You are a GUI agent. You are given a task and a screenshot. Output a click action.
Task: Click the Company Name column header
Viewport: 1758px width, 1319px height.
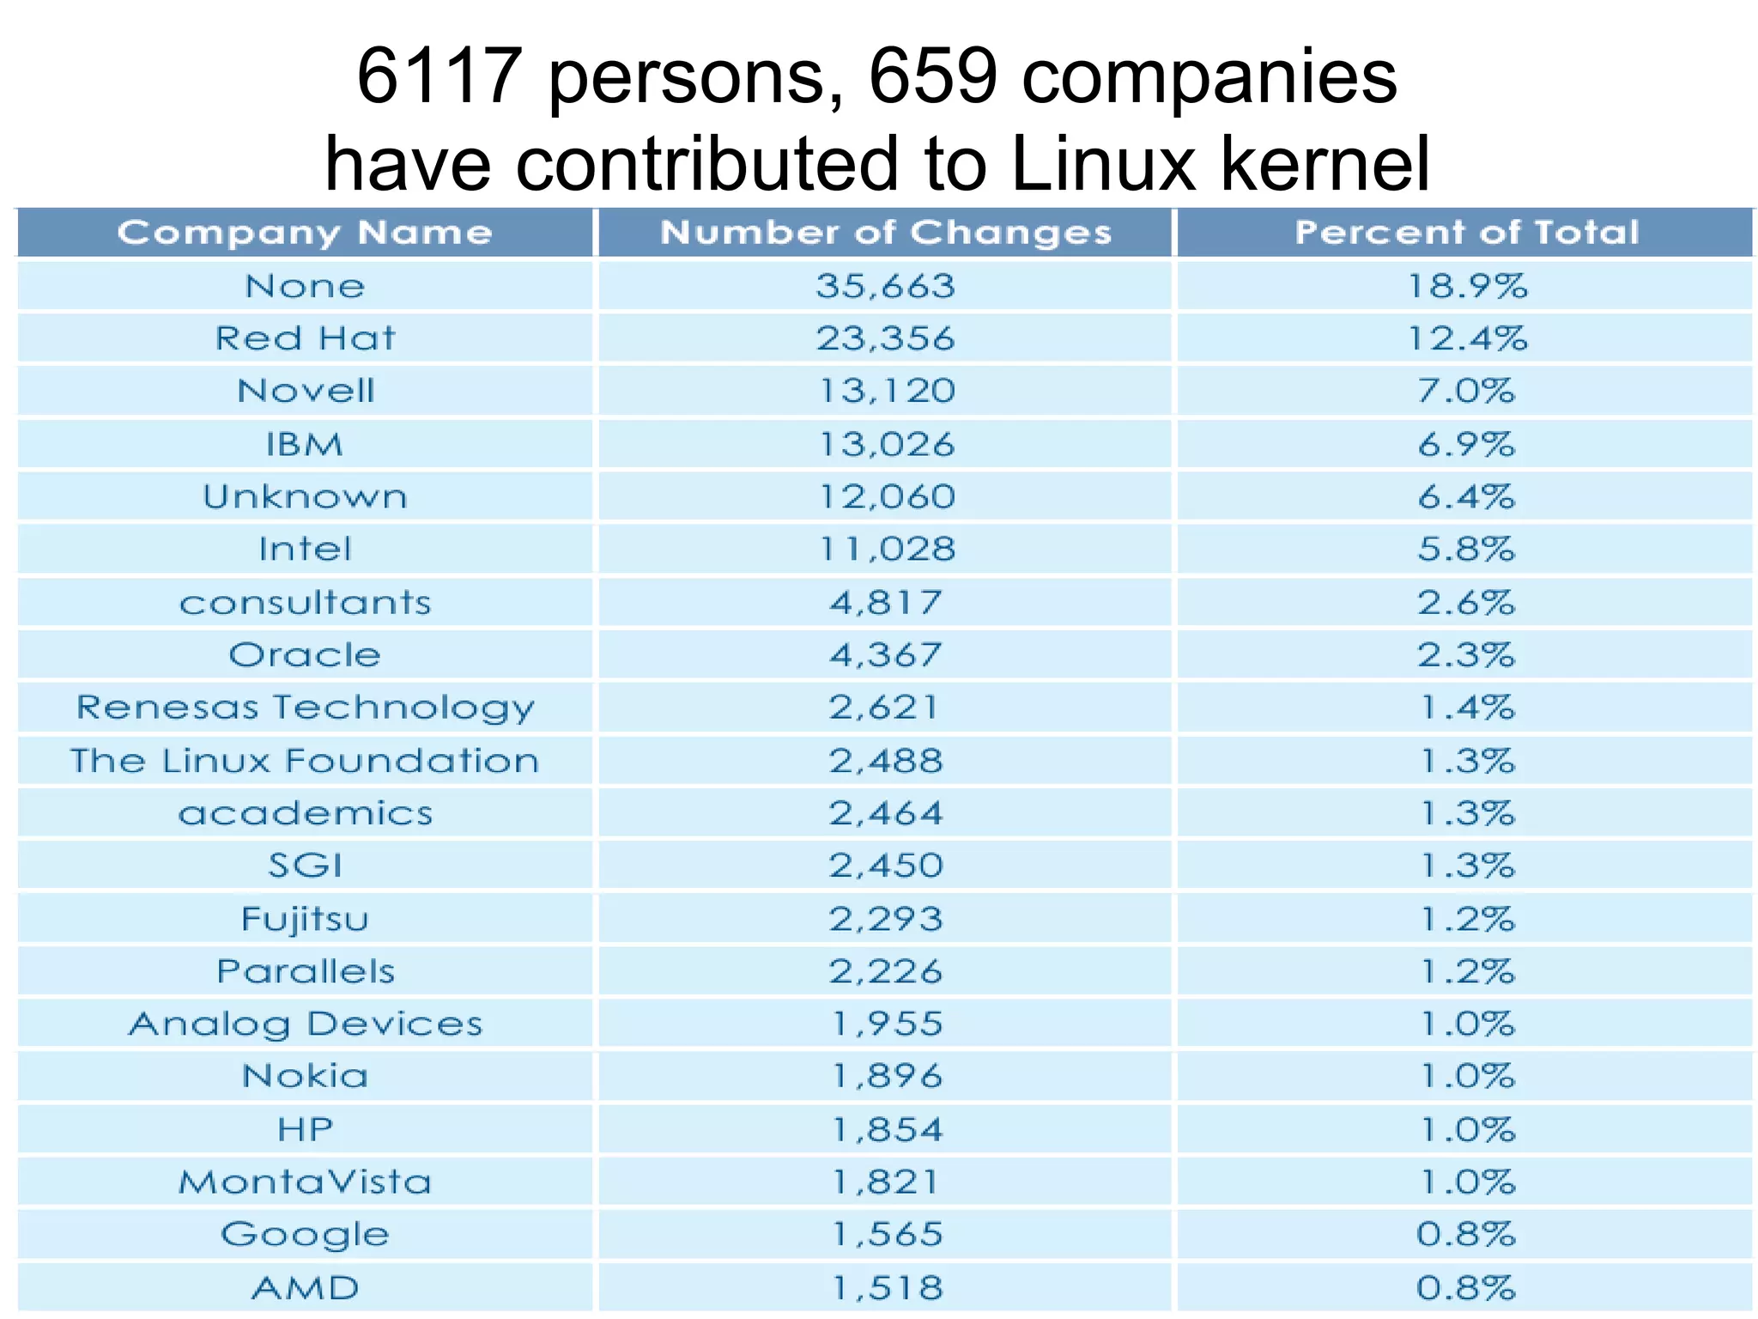point(305,233)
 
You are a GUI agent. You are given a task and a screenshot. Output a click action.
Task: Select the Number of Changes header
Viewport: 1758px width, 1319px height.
point(885,233)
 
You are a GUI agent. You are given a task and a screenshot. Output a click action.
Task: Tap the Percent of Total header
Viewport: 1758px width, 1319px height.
point(1466,233)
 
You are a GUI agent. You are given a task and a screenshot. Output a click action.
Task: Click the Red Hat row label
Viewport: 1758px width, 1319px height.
point(305,338)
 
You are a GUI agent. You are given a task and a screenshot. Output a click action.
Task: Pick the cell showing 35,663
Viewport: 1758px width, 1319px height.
point(885,286)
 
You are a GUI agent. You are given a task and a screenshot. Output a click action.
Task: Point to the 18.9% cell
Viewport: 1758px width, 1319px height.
point(1466,286)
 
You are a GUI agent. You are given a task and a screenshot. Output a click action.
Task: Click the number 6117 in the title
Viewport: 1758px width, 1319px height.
point(439,77)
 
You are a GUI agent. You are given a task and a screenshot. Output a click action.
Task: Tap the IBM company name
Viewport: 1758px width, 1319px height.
point(305,445)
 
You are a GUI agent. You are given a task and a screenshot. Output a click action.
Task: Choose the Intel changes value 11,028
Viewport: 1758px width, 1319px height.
point(885,550)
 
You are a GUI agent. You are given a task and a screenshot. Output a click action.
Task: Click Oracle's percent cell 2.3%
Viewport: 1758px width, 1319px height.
point(1466,655)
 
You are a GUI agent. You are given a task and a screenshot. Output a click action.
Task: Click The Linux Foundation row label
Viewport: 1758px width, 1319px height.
point(305,761)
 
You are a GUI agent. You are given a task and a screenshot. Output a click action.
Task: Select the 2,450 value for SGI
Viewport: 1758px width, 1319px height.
point(885,866)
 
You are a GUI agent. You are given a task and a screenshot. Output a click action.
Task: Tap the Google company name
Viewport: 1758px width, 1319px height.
point(305,1235)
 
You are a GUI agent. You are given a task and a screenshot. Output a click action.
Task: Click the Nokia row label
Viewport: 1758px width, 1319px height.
point(305,1076)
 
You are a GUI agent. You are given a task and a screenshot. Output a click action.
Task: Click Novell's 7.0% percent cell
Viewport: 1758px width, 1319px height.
point(1466,392)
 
